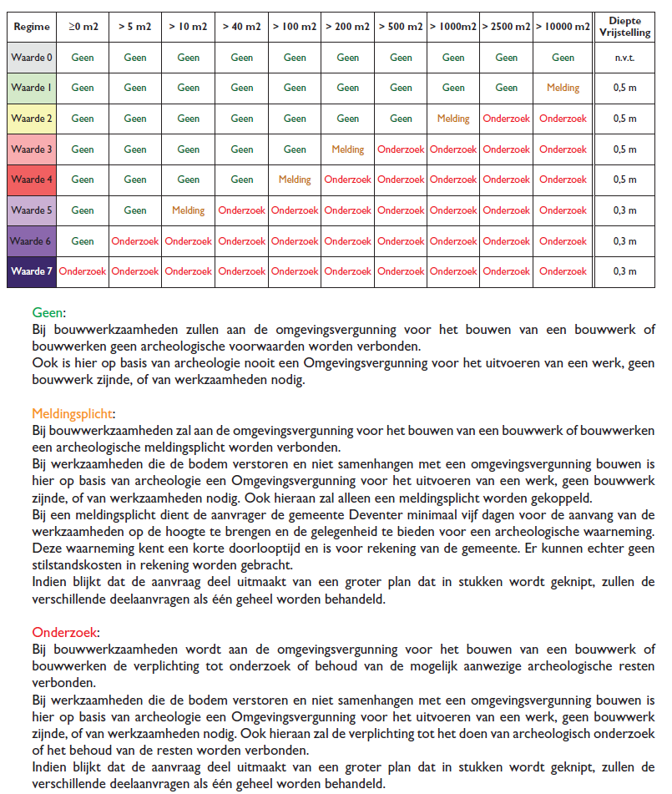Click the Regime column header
(32, 27)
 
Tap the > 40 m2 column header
(241, 27)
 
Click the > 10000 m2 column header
(563, 27)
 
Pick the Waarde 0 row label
(32, 58)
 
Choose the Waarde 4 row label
(32, 180)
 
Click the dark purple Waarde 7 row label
(32, 271)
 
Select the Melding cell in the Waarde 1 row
(563, 88)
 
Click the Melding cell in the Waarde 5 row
(188, 210)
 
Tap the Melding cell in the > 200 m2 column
(347, 149)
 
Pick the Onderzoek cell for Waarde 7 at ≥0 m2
(83, 271)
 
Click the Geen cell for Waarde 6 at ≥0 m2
(83, 241)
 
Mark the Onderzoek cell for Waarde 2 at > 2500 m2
(506, 119)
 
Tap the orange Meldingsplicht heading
(73, 414)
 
